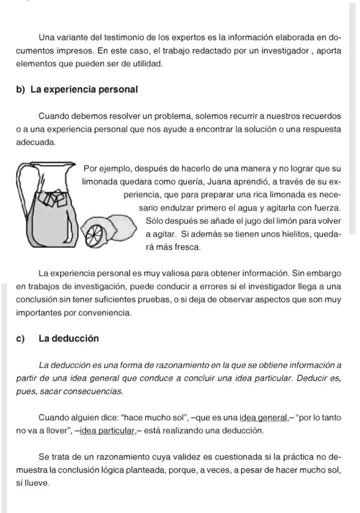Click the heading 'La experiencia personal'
(x=84, y=90)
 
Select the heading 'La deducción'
(x=69, y=338)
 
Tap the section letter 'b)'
(x=21, y=90)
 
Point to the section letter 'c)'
(x=21, y=338)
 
